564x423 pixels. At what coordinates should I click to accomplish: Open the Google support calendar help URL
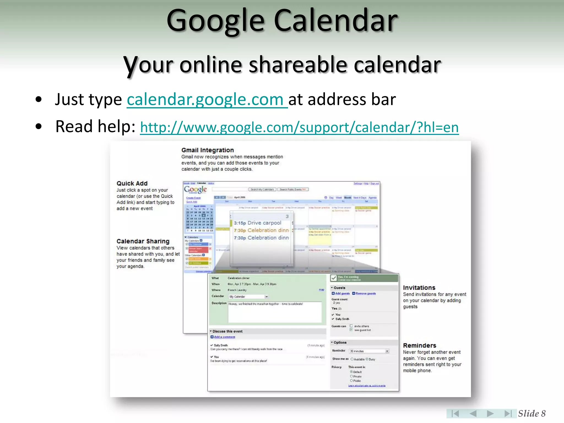[x=299, y=128]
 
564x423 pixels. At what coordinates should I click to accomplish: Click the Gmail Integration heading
[x=207, y=150]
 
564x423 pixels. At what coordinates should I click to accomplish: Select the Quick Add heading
[x=132, y=183]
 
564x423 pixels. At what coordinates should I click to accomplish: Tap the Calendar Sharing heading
[x=143, y=241]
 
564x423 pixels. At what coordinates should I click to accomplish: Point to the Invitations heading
[x=419, y=288]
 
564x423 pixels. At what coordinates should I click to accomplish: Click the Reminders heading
[x=419, y=346]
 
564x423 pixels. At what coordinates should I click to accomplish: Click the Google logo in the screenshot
[x=195, y=189]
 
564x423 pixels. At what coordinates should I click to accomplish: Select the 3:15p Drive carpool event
[x=257, y=223]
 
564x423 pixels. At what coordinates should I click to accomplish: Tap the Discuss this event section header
[x=227, y=331]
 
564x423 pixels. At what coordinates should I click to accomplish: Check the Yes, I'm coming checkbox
[x=334, y=278]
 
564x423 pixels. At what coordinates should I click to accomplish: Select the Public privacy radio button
[x=351, y=381]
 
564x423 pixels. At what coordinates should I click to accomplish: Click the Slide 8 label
[x=532, y=413]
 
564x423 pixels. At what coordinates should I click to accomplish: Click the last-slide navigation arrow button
[x=508, y=413]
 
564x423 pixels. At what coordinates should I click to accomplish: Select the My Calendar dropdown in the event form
[x=248, y=297]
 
